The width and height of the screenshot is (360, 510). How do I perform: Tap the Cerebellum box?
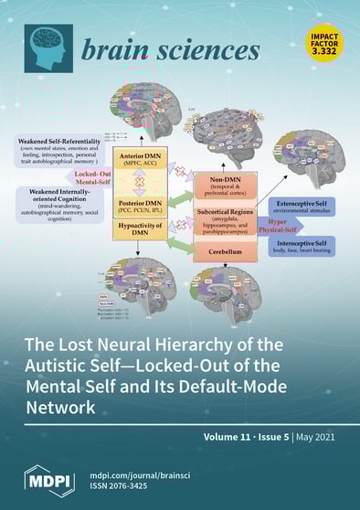tap(225, 248)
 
